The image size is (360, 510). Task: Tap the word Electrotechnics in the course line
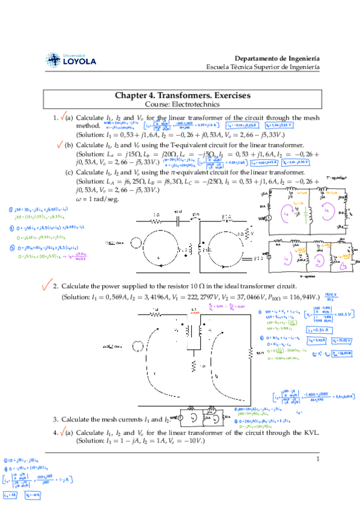[199, 104]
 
